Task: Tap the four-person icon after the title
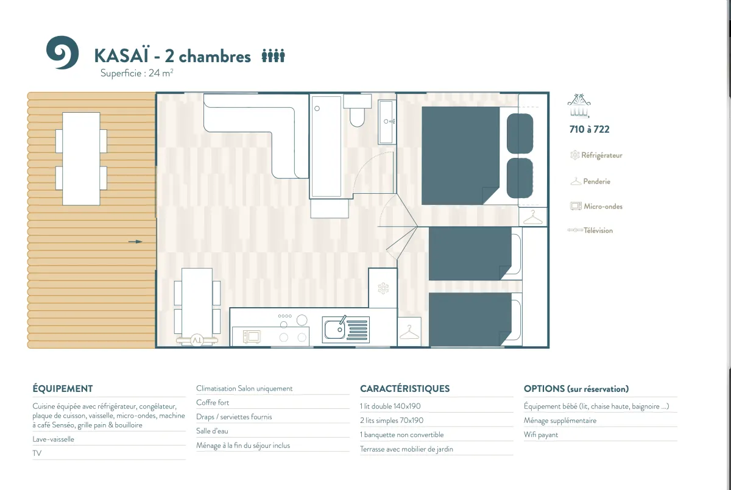pos(273,56)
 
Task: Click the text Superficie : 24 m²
pos(136,73)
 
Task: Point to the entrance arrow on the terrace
pos(135,241)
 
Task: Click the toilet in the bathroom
pos(358,111)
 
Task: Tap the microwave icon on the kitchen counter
pos(252,337)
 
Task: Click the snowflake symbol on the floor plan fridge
pos(383,288)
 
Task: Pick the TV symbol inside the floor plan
pos(197,341)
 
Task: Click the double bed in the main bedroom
pos(460,156)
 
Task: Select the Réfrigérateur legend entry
pos(596,155)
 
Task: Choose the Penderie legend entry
pos(590,181)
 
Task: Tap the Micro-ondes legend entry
pos(596,207)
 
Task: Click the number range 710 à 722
pos(590,129)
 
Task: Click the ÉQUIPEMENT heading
pos(63,388)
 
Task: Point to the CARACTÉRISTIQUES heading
pos(404,388)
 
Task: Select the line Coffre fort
pos(213,402)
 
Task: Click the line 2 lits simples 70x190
pos(392,421)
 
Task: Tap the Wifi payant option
pos(541,435)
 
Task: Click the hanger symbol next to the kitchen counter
pos(409,332)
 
